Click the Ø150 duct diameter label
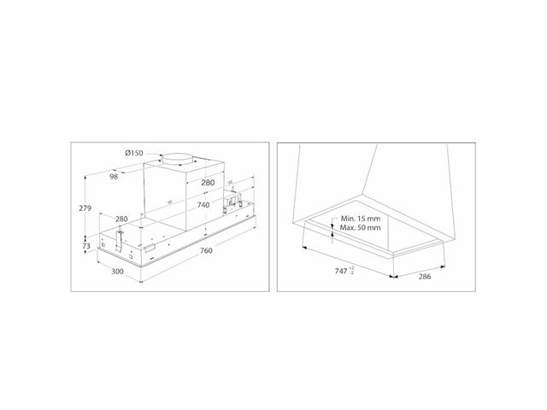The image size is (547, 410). point(134,153)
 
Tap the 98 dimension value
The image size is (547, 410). point(114,177)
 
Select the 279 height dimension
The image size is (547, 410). point(85,208)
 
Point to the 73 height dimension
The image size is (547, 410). point(86,246)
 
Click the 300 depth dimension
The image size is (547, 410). point(118,272)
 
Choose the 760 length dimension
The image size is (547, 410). point(206,250)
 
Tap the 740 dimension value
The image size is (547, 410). point(203,205)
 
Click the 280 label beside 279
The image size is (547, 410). point(121,219)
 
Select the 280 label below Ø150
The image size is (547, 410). point(208,183)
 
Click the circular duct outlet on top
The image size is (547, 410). point(177,158)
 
